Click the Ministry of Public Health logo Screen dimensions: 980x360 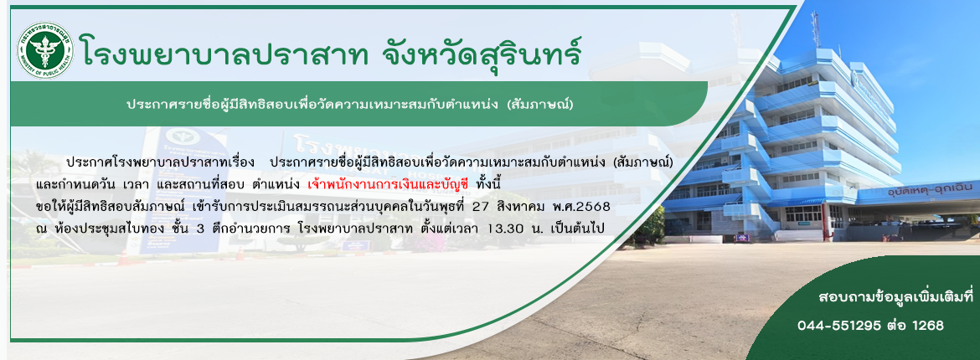(45, 50)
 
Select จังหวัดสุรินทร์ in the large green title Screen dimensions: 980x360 (482, 51)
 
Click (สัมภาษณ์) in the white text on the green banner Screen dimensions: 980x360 (540, 104)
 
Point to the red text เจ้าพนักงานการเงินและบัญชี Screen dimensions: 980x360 (388, 186)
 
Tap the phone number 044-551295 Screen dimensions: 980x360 (839, 325)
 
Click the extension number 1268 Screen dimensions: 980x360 (928, 325)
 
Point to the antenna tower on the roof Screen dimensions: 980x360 (815, 28)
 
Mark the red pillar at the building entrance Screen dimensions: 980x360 (827, 223)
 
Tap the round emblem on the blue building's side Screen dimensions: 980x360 (854, 80)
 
